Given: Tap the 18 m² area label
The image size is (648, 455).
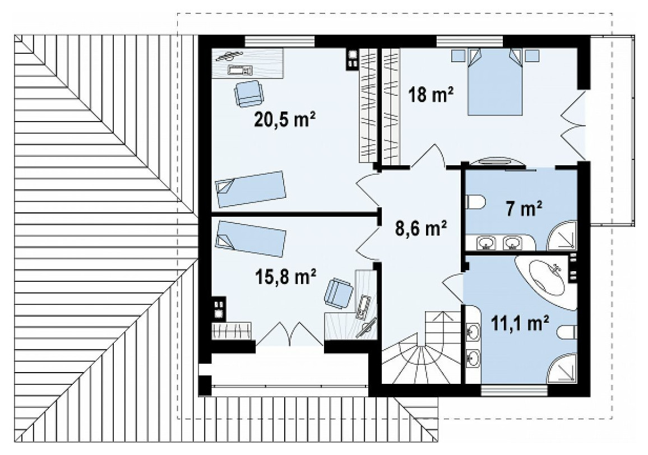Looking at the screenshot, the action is tap(431, 95).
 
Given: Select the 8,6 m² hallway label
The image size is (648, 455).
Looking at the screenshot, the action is tap(421, 228).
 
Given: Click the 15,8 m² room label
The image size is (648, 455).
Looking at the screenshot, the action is tap(285, 277).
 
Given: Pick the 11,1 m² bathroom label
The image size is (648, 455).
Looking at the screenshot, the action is tap(520, 323).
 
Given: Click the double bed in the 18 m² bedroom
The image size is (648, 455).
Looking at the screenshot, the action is tap(494, 81).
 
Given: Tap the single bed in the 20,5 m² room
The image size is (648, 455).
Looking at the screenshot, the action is tap(251, 189).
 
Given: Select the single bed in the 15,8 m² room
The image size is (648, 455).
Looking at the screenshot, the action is tap(251, 239).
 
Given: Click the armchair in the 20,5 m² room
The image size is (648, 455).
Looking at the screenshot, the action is tap(249, 94).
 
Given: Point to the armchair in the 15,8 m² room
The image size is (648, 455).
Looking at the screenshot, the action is tap(339, 294).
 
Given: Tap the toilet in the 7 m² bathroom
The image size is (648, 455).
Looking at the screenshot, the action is tap(475, 202).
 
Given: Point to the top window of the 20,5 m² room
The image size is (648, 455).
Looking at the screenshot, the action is tap(280, 41).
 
